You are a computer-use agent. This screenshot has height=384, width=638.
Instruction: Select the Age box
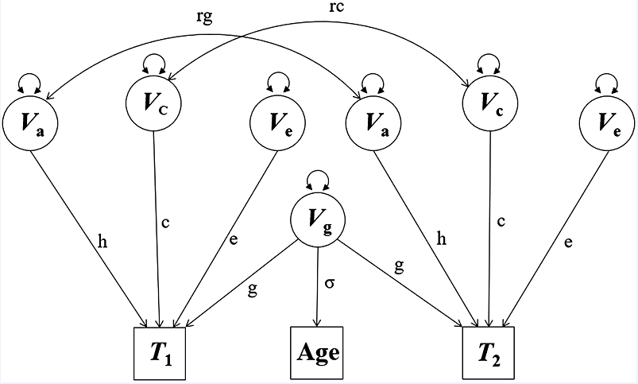click(x=318, y=351)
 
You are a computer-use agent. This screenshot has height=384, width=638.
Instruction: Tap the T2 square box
click(x=488, y=351)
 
